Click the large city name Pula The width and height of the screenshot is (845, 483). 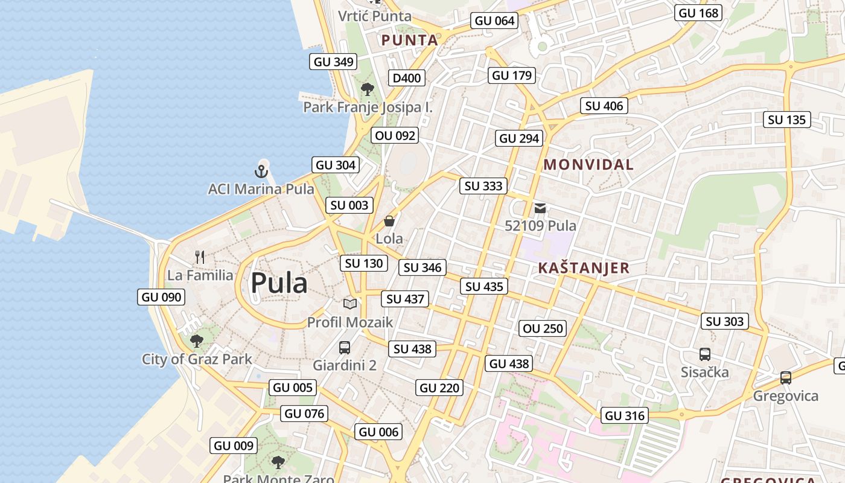pos(279,283)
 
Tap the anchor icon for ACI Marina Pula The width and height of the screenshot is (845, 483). pos(261,171)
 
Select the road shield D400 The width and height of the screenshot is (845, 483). pos(406,78)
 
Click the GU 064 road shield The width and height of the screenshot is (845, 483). pos(494,21)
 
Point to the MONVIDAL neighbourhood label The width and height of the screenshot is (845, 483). pos(588,164)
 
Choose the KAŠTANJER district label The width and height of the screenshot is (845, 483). pos(584,268)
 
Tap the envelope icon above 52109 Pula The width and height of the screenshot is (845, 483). pos(540,208)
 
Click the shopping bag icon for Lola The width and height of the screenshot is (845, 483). pos(389,221)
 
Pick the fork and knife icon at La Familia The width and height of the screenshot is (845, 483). pos(200,257)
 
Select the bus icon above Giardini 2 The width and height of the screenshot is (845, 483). pos(345,348)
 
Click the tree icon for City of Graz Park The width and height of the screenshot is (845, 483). pos(197,341)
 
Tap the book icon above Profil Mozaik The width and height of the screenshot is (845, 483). pos(350,304)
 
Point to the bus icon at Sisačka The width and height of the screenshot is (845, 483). pos(704,354)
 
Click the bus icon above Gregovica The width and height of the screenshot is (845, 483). pos(785,378)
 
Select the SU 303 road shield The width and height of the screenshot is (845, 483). pos(724,321)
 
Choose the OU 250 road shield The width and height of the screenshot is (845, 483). pos(543,328)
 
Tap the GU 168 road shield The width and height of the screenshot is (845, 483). pos(698,13)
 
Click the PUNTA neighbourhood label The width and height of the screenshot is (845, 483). pos(410,40)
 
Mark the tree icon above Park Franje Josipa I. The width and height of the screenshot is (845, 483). pos(367,89)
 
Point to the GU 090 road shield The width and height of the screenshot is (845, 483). pos(161,297)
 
